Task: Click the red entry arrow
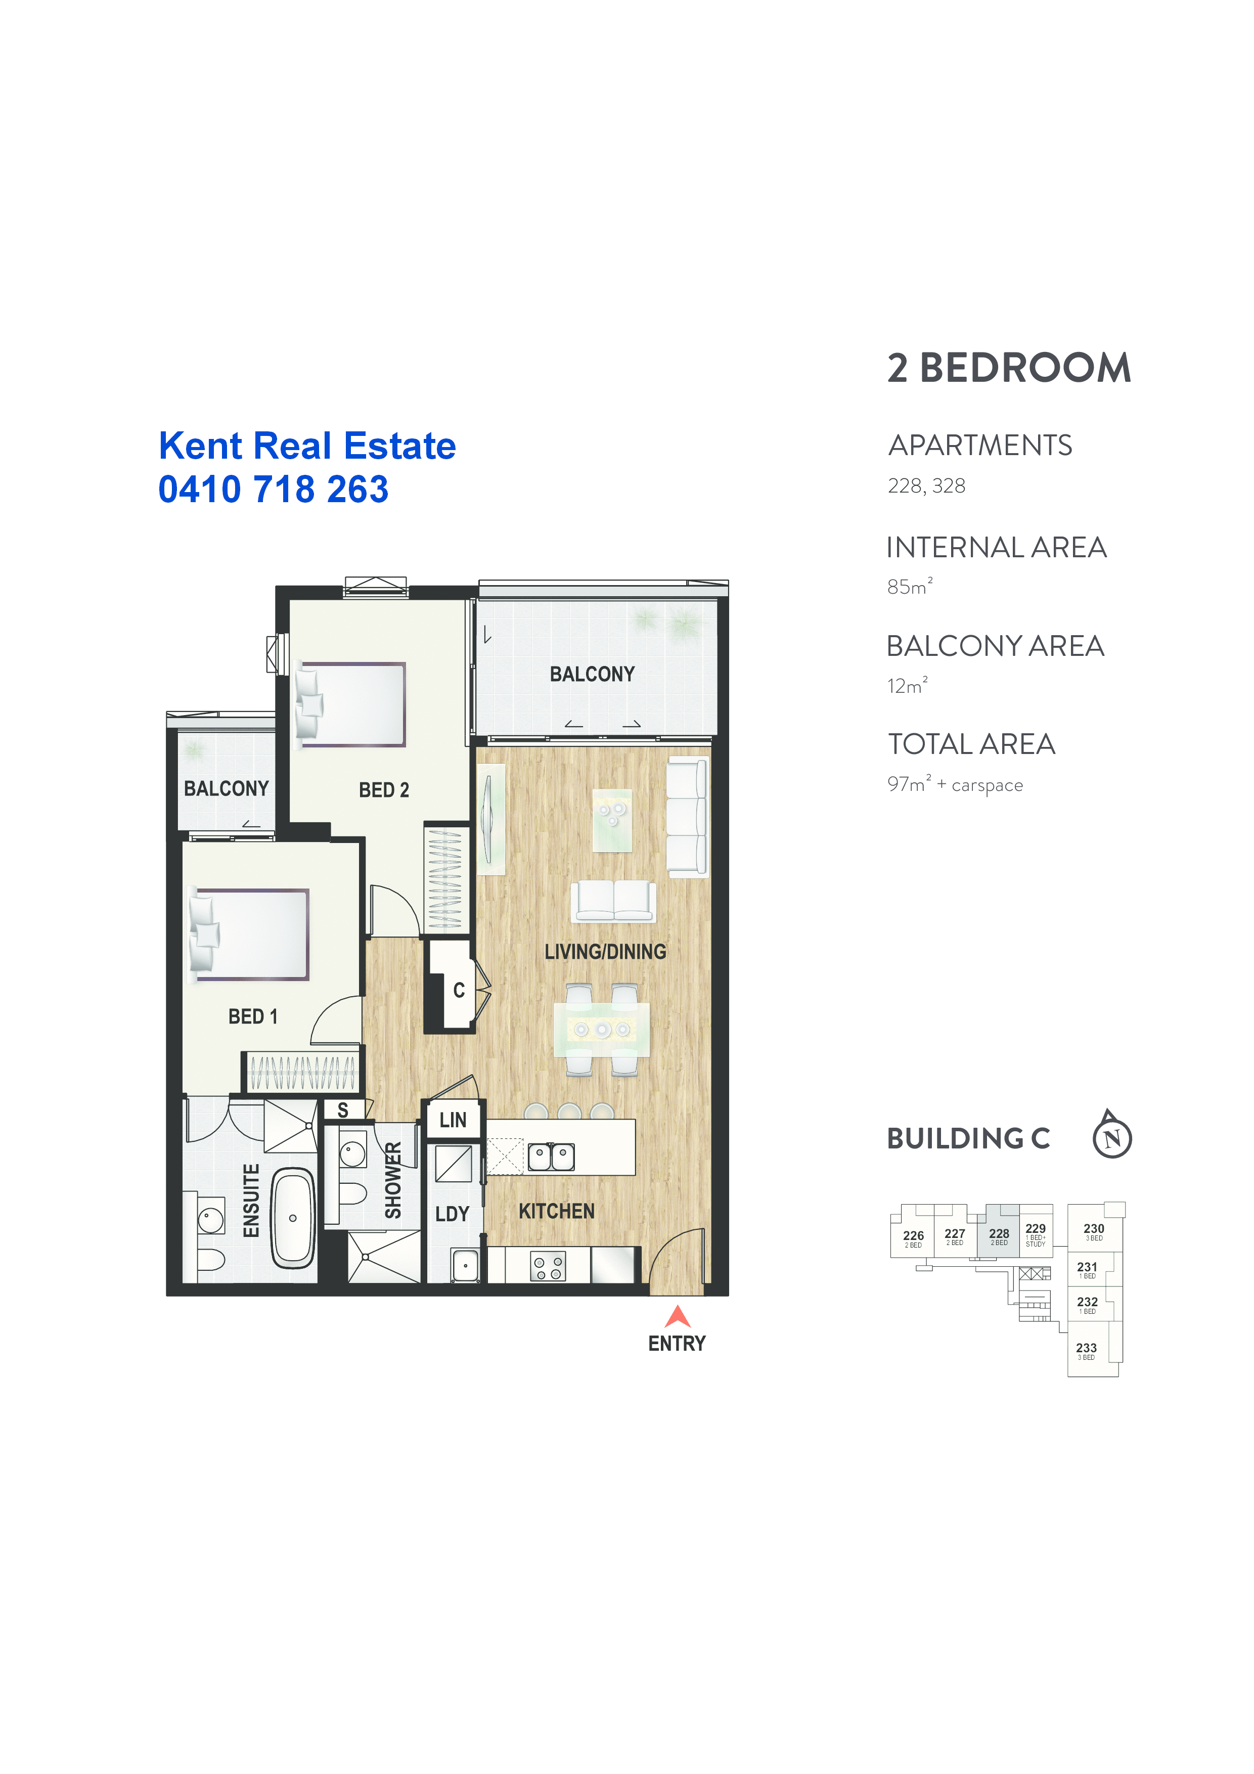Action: click(678, 1316)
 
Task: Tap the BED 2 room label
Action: click(384, 789)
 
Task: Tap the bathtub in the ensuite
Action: click(293, 1218)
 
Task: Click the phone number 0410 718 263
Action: click(274, 489)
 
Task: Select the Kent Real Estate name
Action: click(307, 446)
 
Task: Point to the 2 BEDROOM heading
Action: click(1009, 368)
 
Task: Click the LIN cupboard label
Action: click(453, 1120)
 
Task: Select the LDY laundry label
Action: click(452, 1214)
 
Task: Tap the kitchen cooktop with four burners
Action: click(548, 1266)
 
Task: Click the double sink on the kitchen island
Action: click(551, 1157)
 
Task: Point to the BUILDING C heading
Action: click(968, 1138)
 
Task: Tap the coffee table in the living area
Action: click(612, 820)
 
